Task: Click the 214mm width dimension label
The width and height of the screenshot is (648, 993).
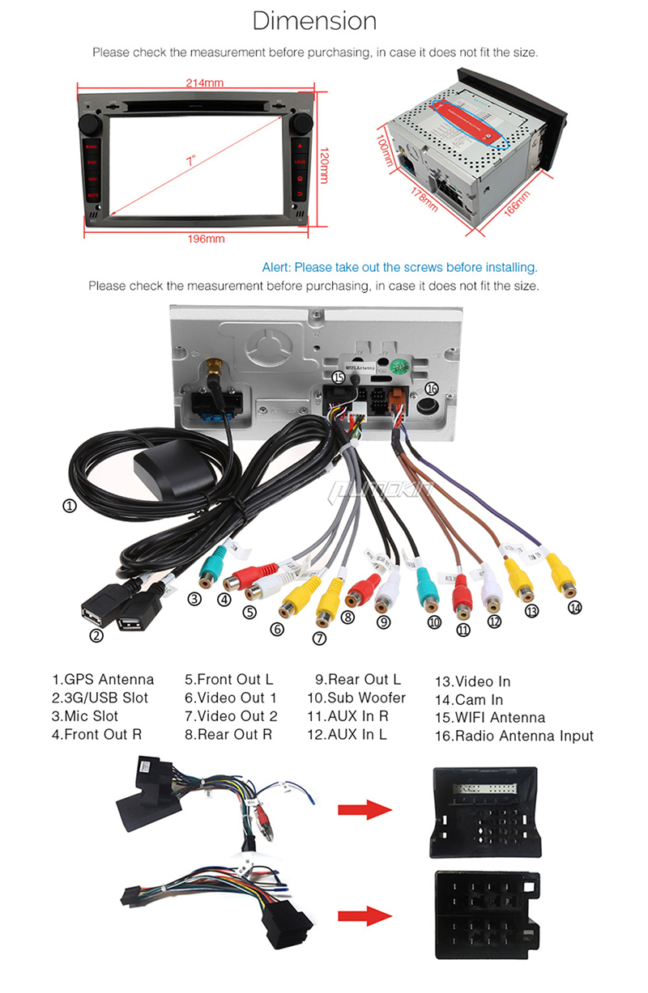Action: click(203, 83)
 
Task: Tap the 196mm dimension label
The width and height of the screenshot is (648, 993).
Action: click(207, 239)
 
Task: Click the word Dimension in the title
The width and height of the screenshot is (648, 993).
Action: click(314, 20)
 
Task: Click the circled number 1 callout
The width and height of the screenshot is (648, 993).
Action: click(70, 507)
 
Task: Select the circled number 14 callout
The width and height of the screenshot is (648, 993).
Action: click(575, 607)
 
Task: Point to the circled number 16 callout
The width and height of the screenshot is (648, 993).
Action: click(432, 389)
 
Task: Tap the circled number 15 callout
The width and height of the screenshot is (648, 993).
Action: click(338, 377)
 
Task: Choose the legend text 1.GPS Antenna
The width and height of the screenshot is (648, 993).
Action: click(103, 680)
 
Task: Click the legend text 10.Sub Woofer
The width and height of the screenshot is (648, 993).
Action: click(356, 698)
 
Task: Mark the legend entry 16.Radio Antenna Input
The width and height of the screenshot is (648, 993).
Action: click(514, 736)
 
